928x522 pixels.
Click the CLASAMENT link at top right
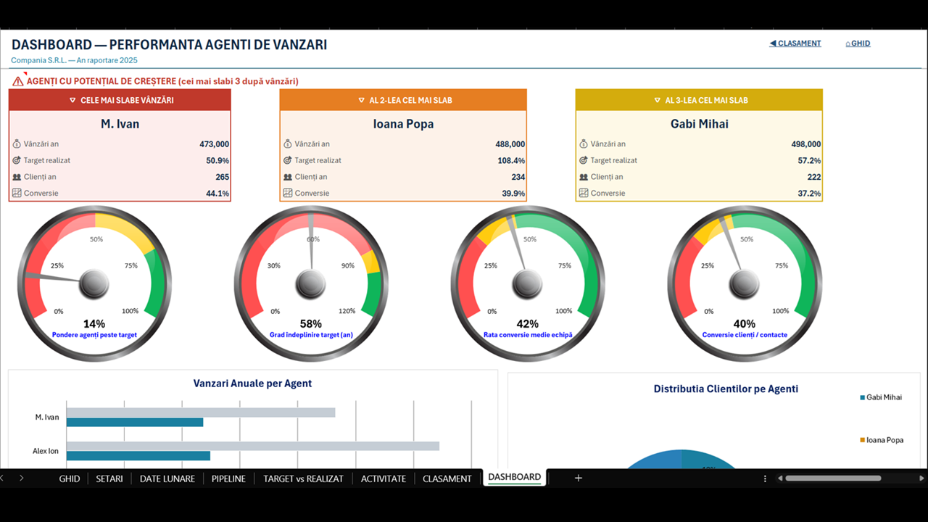795,43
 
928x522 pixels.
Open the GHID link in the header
858,43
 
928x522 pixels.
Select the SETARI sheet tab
109,478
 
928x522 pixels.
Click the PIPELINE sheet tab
228,478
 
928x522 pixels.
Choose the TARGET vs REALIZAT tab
303,478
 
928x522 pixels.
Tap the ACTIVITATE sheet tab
384,478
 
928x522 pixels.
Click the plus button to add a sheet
579,478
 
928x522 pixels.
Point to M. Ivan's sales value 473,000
214,144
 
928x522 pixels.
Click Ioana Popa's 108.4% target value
511,160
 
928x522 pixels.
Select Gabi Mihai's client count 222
814,177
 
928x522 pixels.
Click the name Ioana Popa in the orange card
404,124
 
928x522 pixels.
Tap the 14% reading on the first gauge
94,323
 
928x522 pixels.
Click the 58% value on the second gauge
311,323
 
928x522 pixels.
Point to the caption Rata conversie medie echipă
528,335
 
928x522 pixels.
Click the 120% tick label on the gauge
347,311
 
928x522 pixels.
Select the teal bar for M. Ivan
135,422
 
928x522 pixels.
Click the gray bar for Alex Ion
253,446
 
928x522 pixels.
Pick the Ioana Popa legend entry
882,440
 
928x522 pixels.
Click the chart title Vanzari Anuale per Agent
252,384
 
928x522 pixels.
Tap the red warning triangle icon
18,81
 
